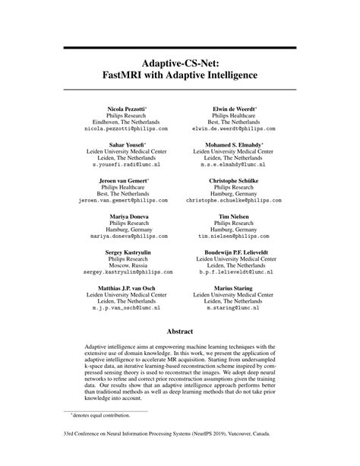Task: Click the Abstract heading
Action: tap(179, 331)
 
